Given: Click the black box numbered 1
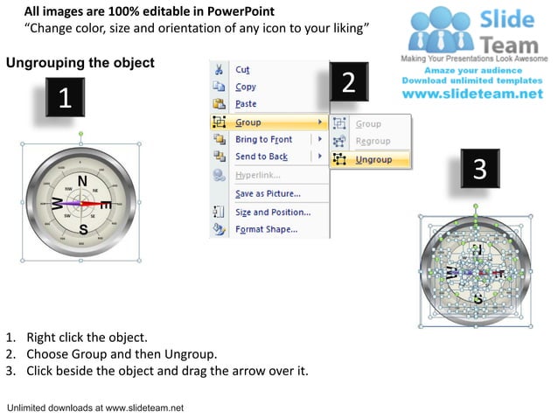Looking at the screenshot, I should pyautogui.click(x=65, y=99).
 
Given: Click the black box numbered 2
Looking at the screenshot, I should pyautogui.click(x=348, y=83).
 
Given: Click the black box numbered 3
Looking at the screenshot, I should pyautogui.click(x=479, y=169).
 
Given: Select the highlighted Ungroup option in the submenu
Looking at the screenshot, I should pyautogui.click(x=373, y=159).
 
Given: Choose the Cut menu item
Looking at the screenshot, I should pyautogui.click(x=242, y=69).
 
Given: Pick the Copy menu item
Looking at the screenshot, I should pyautogui.click(x=246, y=87).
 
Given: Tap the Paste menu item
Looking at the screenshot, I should pyautogui.click(x=246, y=104).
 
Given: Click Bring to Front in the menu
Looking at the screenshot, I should pyautogui.click(x=263, y=140).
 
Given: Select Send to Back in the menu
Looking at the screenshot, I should pyautogui.click(x=262, y=157).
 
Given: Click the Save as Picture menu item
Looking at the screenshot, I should pyautogui.click(x=268, y=193).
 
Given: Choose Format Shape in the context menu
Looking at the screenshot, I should pyautogui.click(x=266, y=230).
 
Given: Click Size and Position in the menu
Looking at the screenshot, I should pyautogui.click(x=272, y=212).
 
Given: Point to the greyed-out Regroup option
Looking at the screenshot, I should pyautogui.click(x=373, y=142).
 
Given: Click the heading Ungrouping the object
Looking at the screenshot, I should pyautogui.click(x=80, y=63).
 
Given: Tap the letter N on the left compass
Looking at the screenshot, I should pyautogui.click(x=82, y=182).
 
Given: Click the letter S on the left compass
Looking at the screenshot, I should pyautogui.click(x=83, y=229).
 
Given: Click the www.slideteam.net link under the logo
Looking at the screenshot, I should pyautogui.click(x=478, y=94).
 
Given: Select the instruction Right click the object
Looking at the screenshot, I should pyautogui.click(x=87, y=337).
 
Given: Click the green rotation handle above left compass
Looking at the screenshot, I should pyautogui.click(x=80, y=134).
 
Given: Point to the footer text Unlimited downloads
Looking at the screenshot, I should pyautogui.click(x=94, y=408).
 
